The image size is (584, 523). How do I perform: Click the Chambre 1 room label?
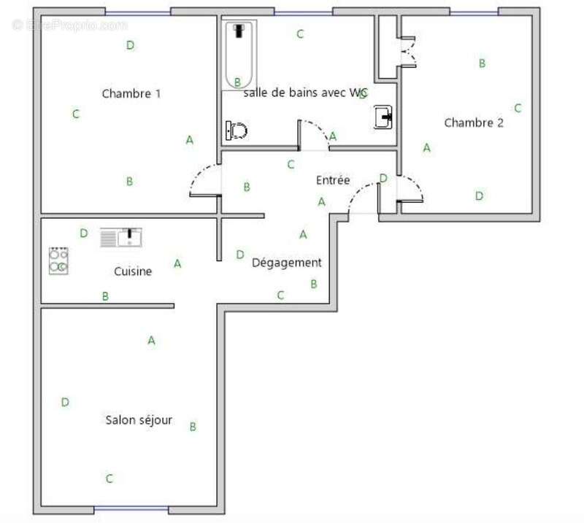point(131,93)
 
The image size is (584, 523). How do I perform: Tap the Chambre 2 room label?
point(474,123)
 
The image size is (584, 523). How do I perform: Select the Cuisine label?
point(133,271)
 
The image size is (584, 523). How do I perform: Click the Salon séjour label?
point(139,420)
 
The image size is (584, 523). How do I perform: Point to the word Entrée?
point(333,180)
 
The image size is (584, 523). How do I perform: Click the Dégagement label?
point(286,263)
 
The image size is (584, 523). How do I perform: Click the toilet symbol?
point(237,131)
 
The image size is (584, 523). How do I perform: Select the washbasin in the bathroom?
point(384,117)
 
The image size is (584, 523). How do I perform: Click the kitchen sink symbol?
point(120,238)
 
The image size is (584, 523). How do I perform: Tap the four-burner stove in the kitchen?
point(58,260)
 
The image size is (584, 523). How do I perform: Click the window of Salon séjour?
point(131,508)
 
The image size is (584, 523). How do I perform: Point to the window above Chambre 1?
point(138,12)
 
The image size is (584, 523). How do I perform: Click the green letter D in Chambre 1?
point(130,45)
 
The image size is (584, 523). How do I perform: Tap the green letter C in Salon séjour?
point(109,479)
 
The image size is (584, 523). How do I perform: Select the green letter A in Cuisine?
point(177,264)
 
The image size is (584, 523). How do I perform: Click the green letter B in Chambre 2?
point(482,63)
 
